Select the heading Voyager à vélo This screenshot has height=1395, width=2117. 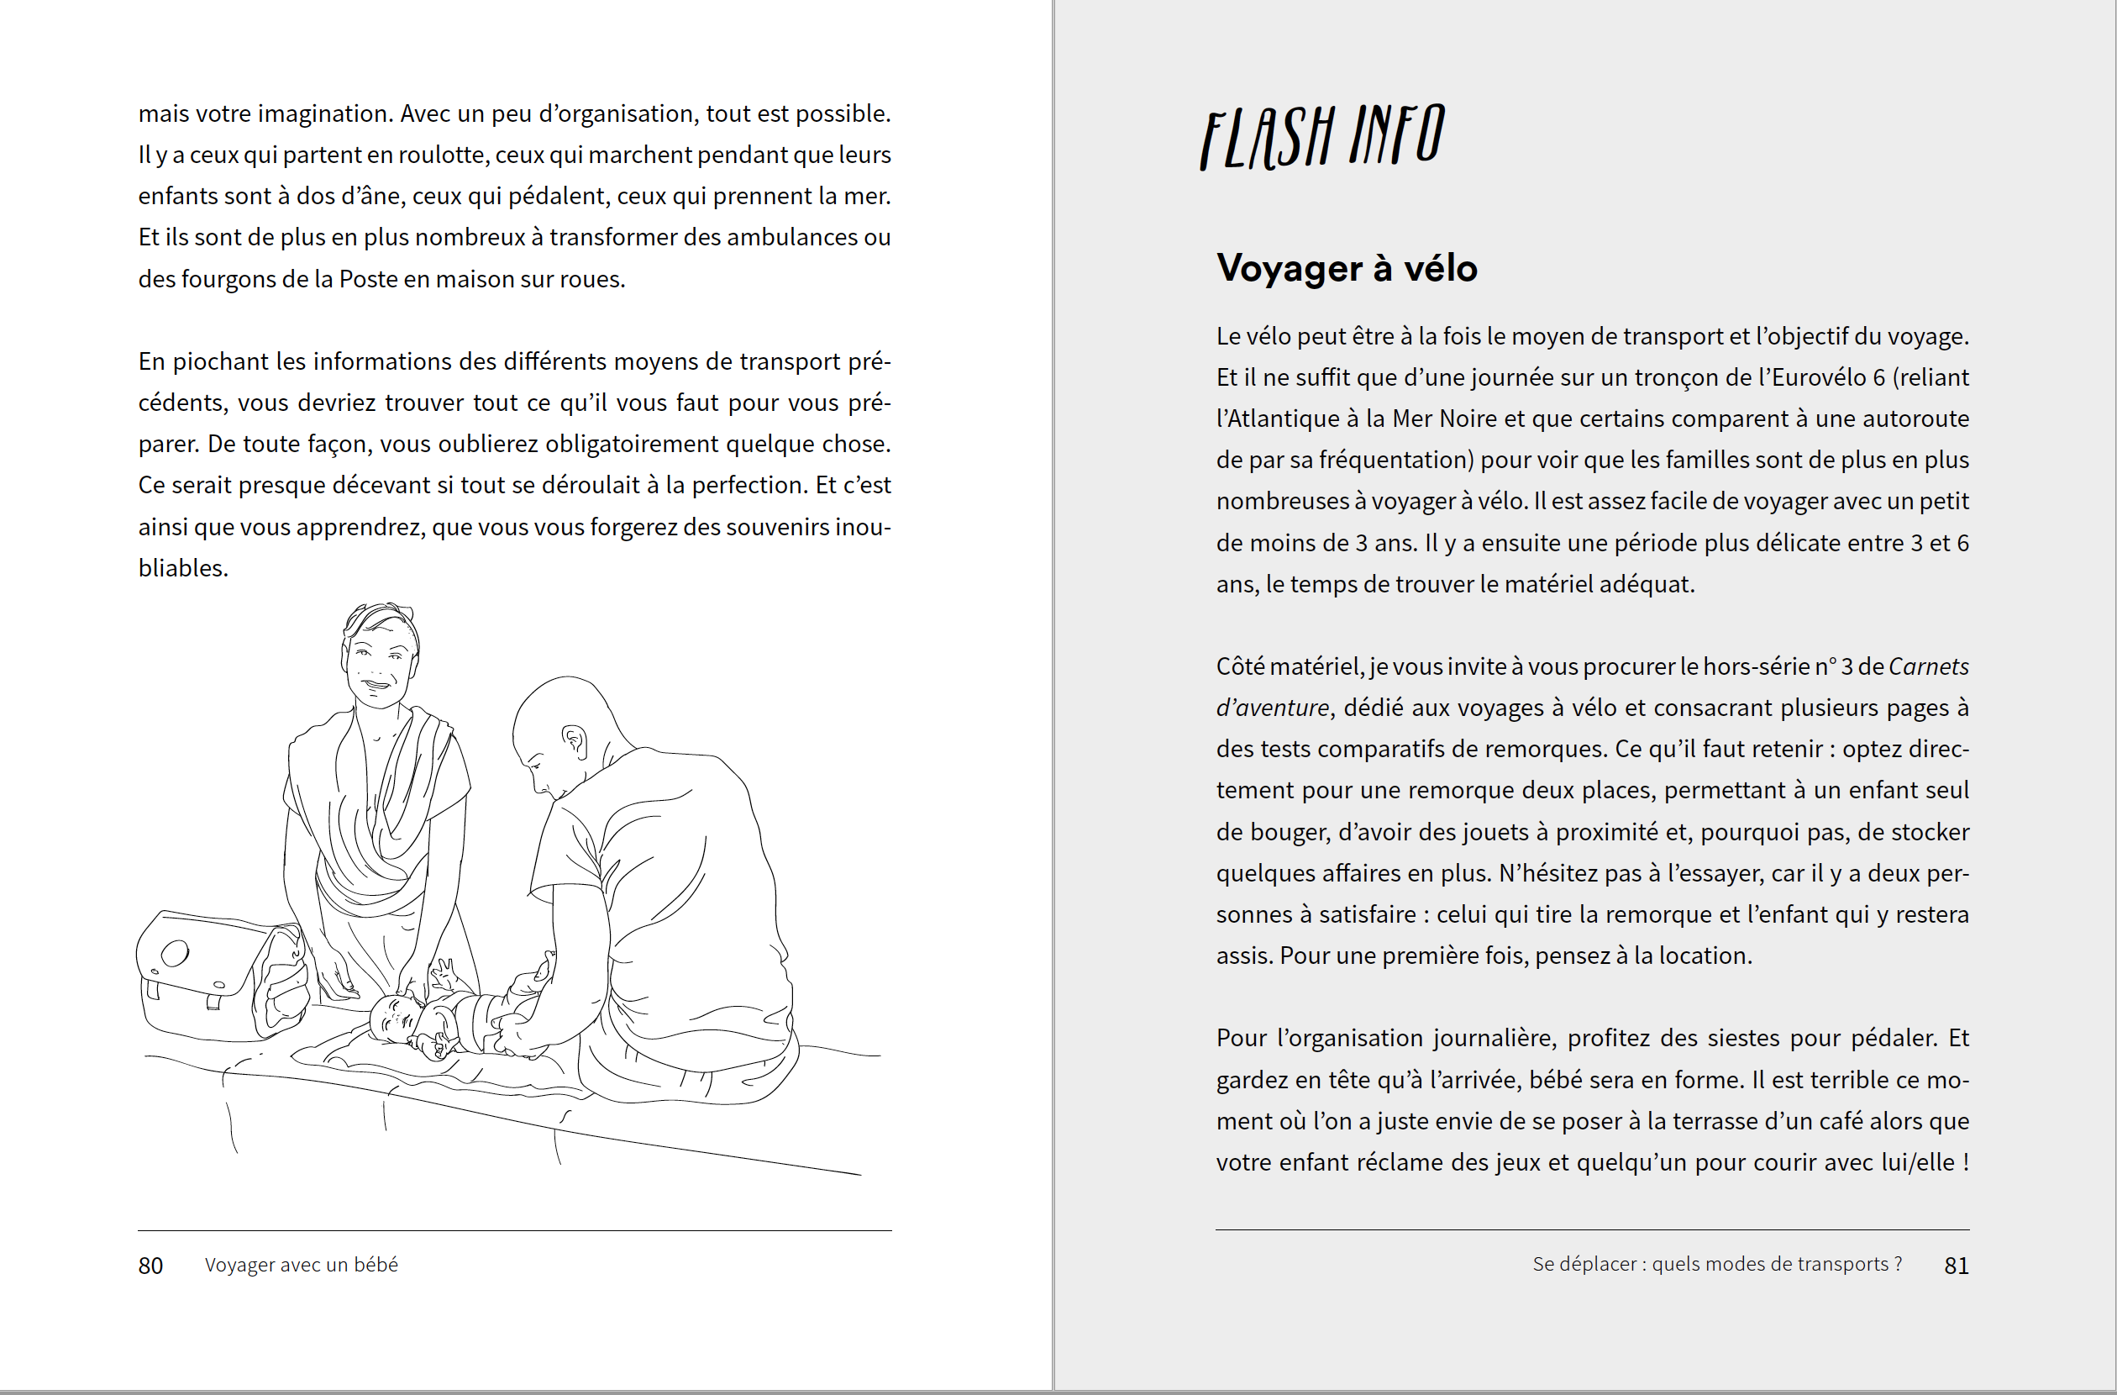(x=1347, y=268)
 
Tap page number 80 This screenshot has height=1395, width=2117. (x=150, y=1265)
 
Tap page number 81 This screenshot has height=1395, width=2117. (x=1956, y=1265)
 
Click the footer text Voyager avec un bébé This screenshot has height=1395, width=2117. (x=301, y=1264)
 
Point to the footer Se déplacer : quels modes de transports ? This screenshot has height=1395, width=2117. (x=1717, y=1264)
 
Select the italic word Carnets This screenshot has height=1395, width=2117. (x=1929, y=666)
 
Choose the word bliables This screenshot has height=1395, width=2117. (x=182, y=567)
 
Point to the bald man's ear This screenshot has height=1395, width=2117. (x=575, y=740)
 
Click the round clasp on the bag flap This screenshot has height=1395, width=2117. (x=176, y=953)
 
